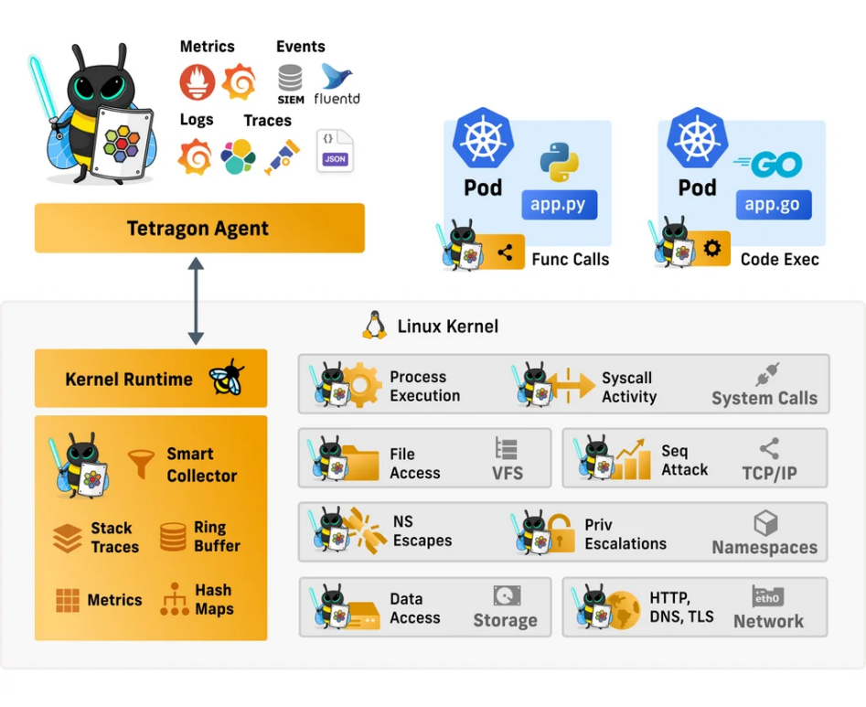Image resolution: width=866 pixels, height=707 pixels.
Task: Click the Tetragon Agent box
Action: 198,228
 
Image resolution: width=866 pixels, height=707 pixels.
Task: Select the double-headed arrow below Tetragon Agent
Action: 196,301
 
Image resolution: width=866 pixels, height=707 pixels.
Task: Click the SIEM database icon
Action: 291,80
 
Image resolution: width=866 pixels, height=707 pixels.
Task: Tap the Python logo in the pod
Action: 559,161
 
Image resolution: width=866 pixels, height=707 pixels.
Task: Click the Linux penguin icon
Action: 373,326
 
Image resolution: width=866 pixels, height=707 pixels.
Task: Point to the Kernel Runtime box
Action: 150,378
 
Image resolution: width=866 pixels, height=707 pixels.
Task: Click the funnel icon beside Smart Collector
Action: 141,464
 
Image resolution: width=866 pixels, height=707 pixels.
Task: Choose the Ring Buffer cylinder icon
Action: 173,537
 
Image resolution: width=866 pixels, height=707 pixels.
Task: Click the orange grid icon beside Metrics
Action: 68,600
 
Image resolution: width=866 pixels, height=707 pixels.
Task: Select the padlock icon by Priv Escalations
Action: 559,533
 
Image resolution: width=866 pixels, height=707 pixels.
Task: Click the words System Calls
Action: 764,398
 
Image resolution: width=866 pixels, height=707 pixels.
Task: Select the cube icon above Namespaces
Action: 765,523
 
